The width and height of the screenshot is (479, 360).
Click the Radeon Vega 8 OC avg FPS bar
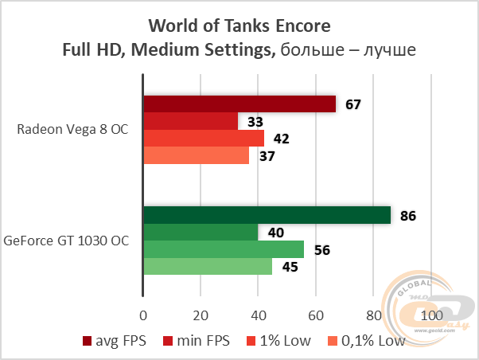(239, 104)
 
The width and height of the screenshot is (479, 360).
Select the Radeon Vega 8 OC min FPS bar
(190, 121)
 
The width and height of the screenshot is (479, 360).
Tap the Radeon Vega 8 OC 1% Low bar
(203, 139)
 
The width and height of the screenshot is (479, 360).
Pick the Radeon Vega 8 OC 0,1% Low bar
(196, 155)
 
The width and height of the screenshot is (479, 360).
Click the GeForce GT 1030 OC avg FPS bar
(267, 215)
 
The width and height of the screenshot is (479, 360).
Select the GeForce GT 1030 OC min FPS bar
(201, 232)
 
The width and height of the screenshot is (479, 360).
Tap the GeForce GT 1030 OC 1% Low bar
(223, 249)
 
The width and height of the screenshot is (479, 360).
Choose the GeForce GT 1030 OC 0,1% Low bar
(208, 266)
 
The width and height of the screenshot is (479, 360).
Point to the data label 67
(353, 104)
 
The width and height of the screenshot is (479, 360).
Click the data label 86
(408, 215)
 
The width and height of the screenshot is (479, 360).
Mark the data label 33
(255, 122)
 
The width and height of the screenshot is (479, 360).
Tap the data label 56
(321, 249)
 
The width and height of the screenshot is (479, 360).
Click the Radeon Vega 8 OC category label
(72, 129)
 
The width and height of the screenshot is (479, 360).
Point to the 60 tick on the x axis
(316, 314)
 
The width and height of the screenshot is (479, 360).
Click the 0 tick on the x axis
(143, 314)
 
